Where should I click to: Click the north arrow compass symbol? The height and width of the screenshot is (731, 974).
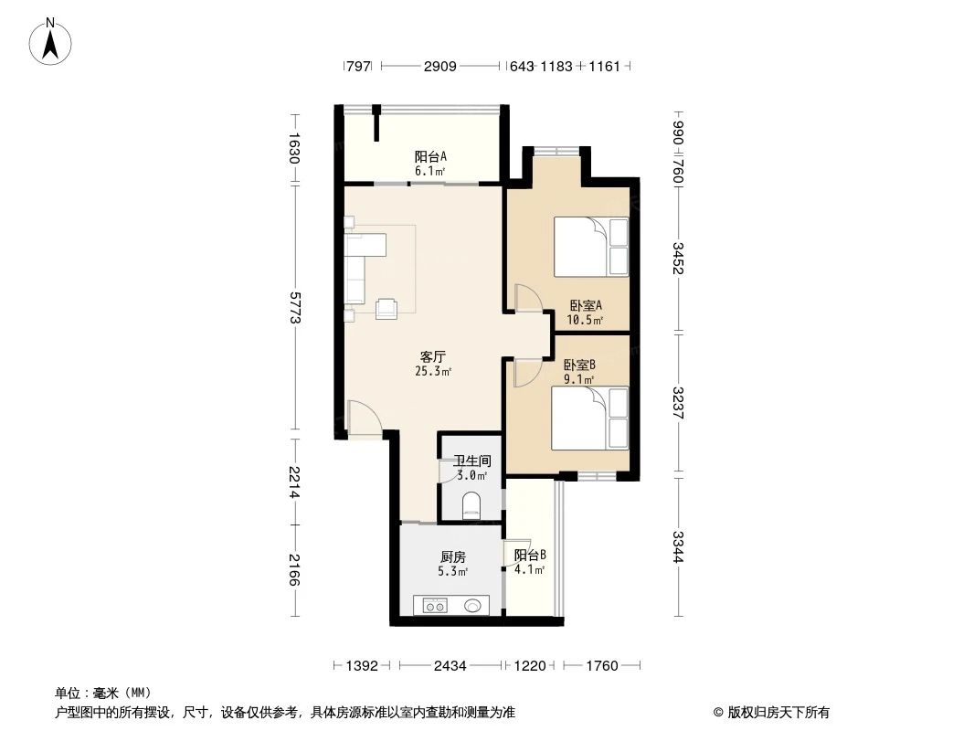pos(52,41)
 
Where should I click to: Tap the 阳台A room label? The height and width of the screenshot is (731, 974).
pos(429,156)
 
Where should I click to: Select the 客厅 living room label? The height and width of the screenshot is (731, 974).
pos(433,357)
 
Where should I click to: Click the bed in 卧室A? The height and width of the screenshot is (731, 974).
pos(592,246)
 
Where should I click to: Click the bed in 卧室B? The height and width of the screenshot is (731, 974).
pos(592,418)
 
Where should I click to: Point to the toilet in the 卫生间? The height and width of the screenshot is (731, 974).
pos(471,506)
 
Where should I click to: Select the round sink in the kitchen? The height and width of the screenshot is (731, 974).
pos(473,604)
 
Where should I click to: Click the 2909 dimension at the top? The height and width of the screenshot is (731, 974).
pos(440,67)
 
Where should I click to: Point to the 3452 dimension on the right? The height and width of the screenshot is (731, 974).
pos(678,259)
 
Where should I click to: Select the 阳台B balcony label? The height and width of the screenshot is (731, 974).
pos(530,555)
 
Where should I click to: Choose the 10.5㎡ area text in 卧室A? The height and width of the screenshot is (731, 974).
pos(585,320)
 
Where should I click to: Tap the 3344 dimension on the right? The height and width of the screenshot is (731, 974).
pos(678,546)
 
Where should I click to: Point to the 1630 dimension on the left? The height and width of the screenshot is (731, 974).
pos(294,148)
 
